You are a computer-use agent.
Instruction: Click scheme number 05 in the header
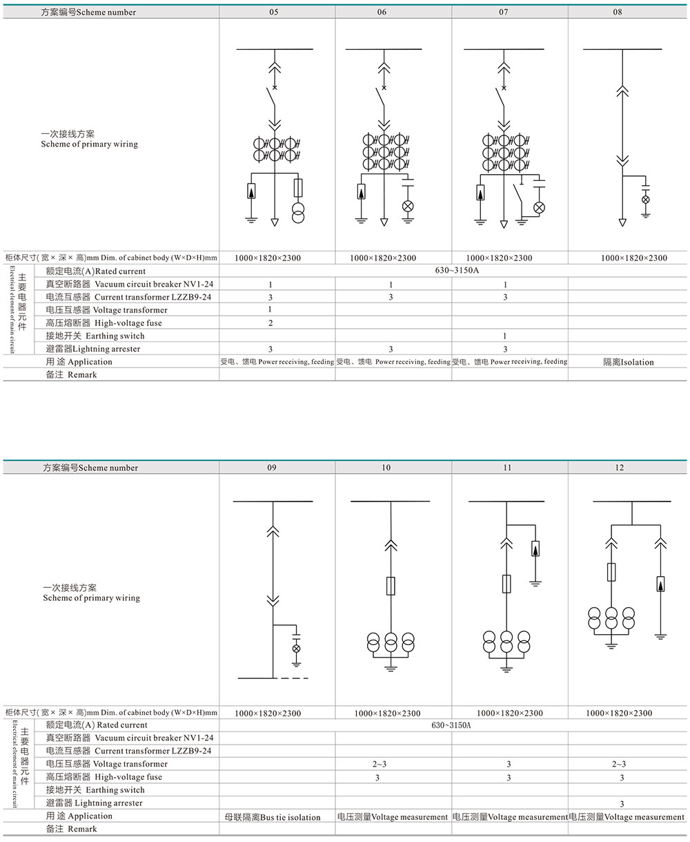[x=275, y=12]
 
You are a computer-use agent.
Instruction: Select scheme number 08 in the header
[x=618, y=12]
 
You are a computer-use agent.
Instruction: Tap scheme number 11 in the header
[x=507, y=468]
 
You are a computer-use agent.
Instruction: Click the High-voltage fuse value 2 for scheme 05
[x=270, y=323]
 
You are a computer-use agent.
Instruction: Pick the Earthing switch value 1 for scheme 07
[x=505, y=336]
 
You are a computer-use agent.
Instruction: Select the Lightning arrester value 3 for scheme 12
[x=622, y=803]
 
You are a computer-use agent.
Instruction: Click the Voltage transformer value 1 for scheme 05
[x=270, y=310]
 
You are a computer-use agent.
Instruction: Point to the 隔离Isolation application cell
[x=628, y=362]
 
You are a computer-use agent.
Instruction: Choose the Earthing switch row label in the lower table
[x=95, y=790]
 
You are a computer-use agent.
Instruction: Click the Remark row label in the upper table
[x=72, y=375]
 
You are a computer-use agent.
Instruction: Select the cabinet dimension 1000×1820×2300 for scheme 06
[x=383, y=258]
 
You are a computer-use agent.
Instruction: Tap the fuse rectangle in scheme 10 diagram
[x=391, y=586]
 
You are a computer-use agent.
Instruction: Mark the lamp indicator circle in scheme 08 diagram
[x=646, y=200]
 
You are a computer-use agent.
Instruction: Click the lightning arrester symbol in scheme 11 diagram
[x=535, y=549]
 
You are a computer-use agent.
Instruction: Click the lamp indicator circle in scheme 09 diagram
[x=297, y=649]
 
